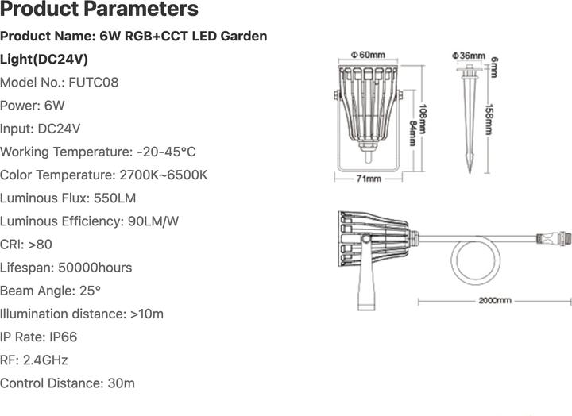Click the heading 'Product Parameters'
tap(99, 10)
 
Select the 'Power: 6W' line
tap(33, 105)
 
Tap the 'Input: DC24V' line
tap(41, 129)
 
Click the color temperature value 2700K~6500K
tap(163, 175)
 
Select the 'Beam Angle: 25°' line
tap(51, 291)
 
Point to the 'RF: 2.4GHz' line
tap(35, 360)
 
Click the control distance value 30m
tap(121, 383)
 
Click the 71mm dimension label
tap(368, 180)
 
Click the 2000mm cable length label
tap(494, 302)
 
